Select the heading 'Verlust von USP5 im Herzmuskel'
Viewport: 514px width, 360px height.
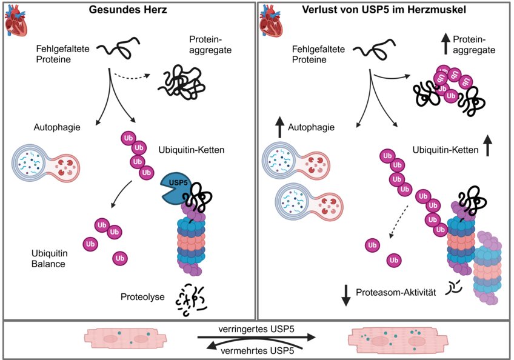[x=385, y=10]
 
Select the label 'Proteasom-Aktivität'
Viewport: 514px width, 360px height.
[x=398, y=292]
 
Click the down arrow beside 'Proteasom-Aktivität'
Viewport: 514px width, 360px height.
[x=347, y=293]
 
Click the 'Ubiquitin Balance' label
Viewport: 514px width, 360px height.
[x=48, y=259]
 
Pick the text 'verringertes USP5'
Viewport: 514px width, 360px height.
[x=256, y=328]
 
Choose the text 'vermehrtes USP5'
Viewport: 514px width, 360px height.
[x=258, y=349]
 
